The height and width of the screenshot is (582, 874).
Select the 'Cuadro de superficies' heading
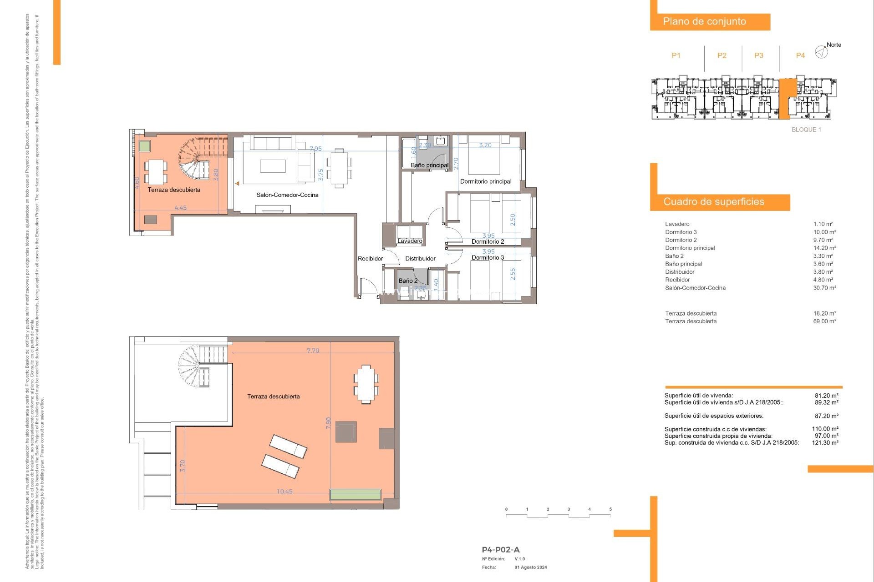coord(713,201)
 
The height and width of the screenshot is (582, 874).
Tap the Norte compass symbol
coord(821,52)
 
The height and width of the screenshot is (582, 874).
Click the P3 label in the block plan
coord(758,55)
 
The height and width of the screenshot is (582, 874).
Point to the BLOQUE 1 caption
coord(806,130)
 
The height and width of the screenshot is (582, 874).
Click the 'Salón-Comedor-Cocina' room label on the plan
coord(287,195)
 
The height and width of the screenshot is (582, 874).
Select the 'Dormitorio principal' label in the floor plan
coord(485,181)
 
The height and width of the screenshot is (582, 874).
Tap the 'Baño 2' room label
coord(407,281)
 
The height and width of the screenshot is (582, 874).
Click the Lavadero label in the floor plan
coord(410,241)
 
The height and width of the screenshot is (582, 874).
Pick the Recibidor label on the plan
coord(370,259)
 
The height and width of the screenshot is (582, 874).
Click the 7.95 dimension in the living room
coord(315,149)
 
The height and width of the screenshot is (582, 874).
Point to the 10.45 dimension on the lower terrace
coord(285,492)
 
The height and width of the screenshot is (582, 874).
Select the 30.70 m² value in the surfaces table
coord(824,288)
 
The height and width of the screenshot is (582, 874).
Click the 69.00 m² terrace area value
coord(824,321)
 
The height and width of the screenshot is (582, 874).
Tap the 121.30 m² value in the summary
coord(825,443)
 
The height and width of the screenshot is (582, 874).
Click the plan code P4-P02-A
coord(500,550)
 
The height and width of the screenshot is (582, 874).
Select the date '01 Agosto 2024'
coord(530,567)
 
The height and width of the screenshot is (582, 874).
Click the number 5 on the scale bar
coord(610,510)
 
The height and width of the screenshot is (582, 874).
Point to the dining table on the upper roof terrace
coord(366,384)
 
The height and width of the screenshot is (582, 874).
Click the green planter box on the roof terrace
coord(355,495)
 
